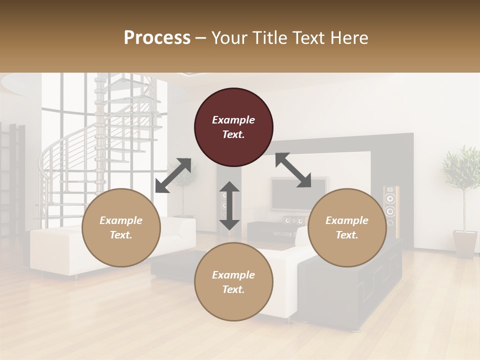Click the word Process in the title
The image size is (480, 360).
[157, 38]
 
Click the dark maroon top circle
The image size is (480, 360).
[233, 127]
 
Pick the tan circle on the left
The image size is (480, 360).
[121, 227]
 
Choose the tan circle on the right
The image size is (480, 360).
[347, 227]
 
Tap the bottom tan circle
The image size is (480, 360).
[233, 282]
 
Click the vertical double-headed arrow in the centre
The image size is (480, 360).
[229, 205]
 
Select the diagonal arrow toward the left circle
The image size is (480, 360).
[173, 175]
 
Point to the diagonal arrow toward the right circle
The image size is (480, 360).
[293, 170]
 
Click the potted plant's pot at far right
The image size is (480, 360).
[464, 243]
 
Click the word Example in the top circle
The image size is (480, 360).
[233, 120]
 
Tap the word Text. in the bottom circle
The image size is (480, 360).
[233, 289]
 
